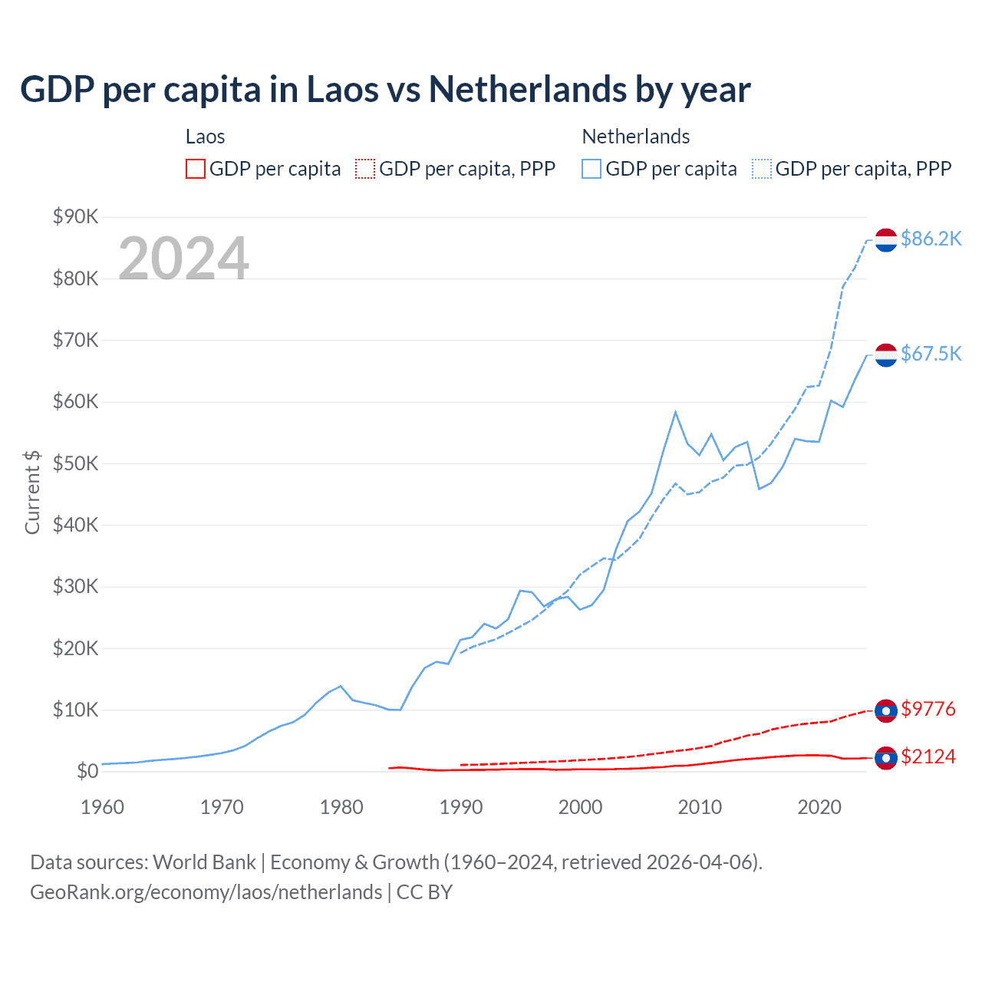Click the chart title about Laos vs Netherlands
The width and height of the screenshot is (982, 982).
pyautogui.click(x=385, y=90)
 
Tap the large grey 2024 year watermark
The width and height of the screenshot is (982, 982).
pyautogui.click(x=183, y=259)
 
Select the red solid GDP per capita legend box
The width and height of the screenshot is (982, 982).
pyautogui.click(x=196, y=169)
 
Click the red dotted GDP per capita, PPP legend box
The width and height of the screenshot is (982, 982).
pyautogui.click(x=365, y=169)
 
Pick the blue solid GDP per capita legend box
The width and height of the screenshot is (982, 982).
pyautogui.click(x=592, y=169)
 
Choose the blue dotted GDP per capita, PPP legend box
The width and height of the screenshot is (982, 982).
pyautogui.click(x=762, y=169)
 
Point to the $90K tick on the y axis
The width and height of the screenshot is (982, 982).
pyautogui.click(x=75, y=217)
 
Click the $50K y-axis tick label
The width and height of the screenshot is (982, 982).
pyautogui.click(x=75, y=463)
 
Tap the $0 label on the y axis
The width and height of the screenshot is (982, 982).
pyautogui.click(x=87, y=771)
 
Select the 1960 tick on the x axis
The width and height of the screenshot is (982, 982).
pyautogui.click(x=102, y=807)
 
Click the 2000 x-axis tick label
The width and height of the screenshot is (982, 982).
pyautogui.click(x=580, y=807)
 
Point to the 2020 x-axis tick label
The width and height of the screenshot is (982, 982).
pyautogui.click(x=819, y=807)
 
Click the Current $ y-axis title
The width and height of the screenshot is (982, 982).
pyautogui.click(x=32, y=493)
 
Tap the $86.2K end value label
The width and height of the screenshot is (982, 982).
pyautogui.click(x=931, y=239)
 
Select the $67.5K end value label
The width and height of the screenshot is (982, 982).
pyautogui.click(x=931, y=354)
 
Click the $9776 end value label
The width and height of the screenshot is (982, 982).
pyautogui.click(x=928, y=709)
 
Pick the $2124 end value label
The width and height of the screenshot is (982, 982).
pyautogui.click(x=928, y=756)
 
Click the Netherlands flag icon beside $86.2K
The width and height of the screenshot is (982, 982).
pyautogui.click(x=886, y=240)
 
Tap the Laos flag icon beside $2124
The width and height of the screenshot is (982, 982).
pyautogui.click(x=886, y=758)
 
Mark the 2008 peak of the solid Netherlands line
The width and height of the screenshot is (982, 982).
pyautogui.click(x=675, y=412)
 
